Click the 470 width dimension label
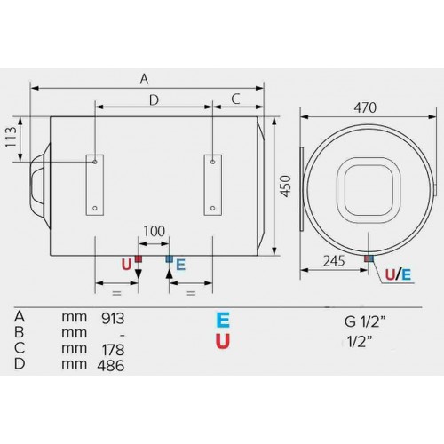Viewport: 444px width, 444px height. pos(365,107)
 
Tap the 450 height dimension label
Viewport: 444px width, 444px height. pos(286,186)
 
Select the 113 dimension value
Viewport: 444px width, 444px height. pos(11,137)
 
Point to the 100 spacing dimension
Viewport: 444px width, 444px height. pos(155,231)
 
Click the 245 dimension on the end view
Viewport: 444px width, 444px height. pos(334,261)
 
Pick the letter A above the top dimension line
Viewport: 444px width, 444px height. pos(144,79)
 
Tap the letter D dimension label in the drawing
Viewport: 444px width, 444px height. pos(154,100)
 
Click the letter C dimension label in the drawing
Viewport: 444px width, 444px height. pos(235,99)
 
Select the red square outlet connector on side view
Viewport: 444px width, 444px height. pos(139,259)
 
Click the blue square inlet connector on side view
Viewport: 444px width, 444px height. pos(169,259)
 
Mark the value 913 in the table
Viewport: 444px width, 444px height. pos(113,319)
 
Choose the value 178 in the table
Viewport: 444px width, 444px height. pos(113,350)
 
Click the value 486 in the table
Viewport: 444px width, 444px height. pos(111,366)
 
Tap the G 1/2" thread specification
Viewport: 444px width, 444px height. pos(365,321)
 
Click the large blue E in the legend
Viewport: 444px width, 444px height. pos(223,321)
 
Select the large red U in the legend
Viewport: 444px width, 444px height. pos(223,341)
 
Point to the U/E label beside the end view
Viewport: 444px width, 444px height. pos(398,275)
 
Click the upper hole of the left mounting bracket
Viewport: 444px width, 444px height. pos(95,162)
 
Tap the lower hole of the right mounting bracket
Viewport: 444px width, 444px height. pos(212,208)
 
